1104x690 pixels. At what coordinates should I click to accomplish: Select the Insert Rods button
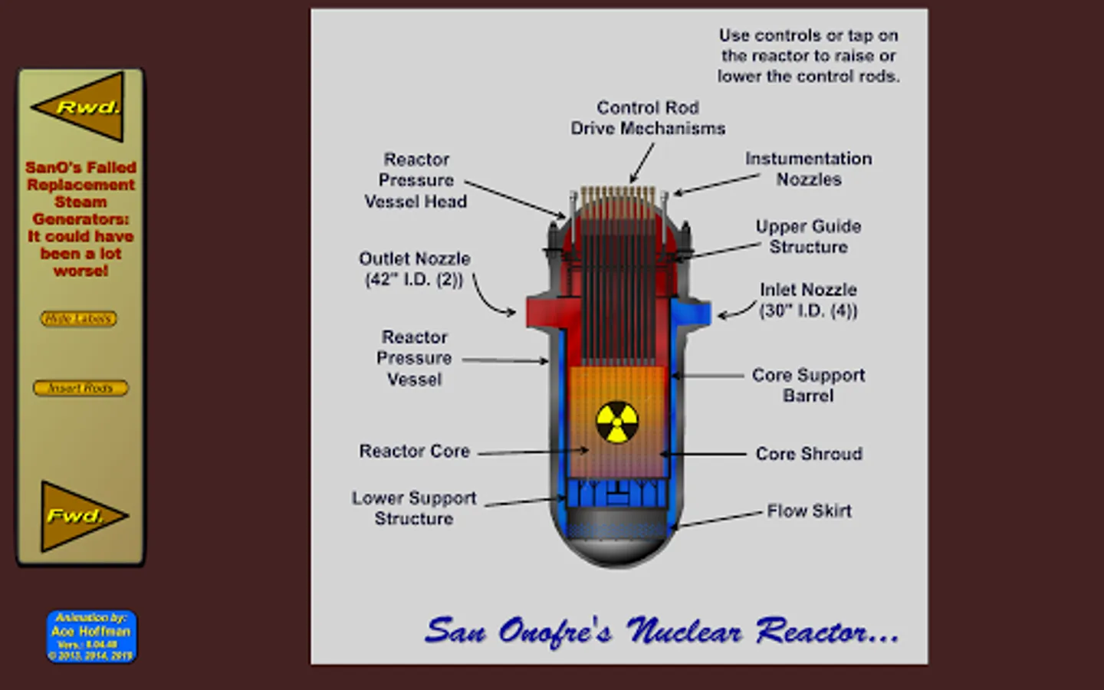[80, 388]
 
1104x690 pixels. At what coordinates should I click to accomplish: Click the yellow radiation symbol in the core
[617, 422]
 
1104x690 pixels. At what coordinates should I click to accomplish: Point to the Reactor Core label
[414, 451]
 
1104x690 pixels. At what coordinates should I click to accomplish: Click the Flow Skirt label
[809, 511]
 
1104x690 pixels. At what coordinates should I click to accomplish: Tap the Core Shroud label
[809, 454]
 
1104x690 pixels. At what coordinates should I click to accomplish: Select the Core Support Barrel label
[808, 385]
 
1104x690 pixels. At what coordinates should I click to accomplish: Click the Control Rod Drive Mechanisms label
[648, 118]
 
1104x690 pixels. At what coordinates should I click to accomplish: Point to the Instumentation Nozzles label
[809, 169]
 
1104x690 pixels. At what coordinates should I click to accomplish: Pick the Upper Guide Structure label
[808, 236]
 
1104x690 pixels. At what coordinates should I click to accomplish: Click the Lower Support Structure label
[414, 508]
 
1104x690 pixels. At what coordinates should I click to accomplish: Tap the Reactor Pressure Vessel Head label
[416, 180]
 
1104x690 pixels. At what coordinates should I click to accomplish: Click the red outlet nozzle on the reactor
[540, 311]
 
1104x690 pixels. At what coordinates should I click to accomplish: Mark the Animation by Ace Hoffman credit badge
[91, 636]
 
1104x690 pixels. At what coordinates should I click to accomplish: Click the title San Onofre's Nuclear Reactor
[662, 632]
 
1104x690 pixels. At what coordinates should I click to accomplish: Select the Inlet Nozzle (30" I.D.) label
[808, 300]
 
